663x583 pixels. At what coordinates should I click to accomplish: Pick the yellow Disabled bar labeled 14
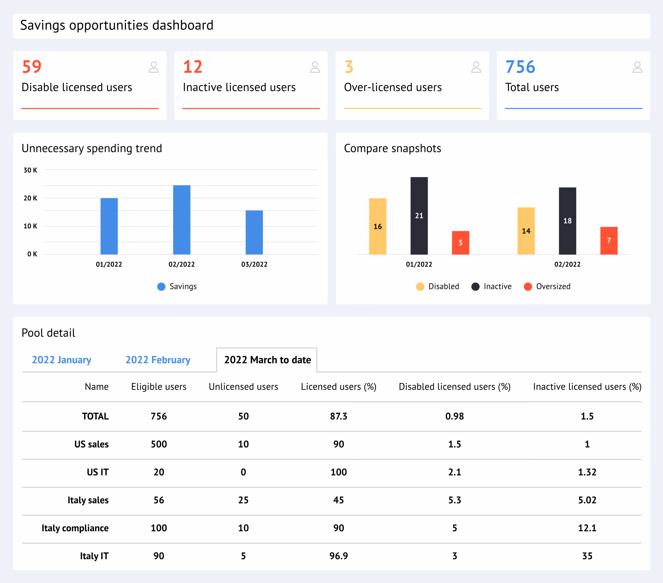(x=526, y=231)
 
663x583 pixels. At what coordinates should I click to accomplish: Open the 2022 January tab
(x=62, y=360)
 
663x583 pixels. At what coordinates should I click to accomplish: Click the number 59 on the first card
(x=32, y=67)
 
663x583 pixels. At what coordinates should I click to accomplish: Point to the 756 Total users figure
(x=520, y=67)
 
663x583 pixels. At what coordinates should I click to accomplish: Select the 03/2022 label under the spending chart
(x=254, y=264)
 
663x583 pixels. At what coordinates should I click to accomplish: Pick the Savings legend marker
(x=161, y=286)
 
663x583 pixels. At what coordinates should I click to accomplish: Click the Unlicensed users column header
(x=243, y=387)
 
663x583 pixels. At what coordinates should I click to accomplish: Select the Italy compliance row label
(x=75, y=528)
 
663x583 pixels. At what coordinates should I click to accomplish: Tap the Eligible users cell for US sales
(x=159, y=444)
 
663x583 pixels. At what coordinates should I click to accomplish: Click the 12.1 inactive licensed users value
(x=587, y=528)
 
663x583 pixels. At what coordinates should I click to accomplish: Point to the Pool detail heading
(x=48, y=333)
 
